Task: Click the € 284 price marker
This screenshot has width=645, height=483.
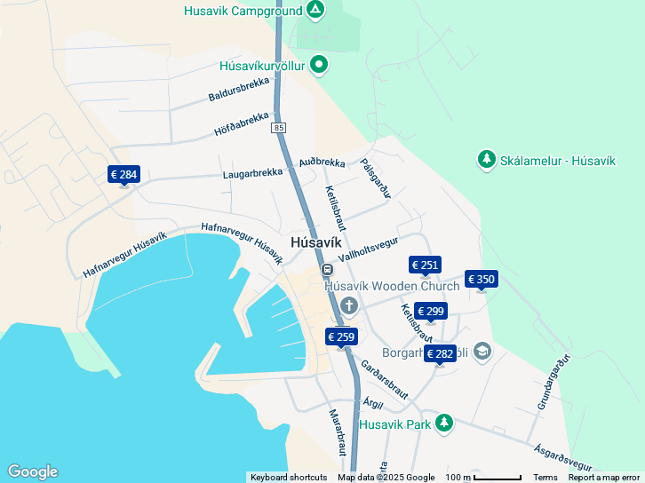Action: point(123,174)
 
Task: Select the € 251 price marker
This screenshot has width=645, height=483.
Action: point(425,265)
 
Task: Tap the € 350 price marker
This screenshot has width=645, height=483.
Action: point(481,279)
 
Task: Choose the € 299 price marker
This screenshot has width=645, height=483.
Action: point(430,311)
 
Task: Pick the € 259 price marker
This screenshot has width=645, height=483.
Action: point(341,337)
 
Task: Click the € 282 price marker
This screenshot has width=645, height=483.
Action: point(440,353)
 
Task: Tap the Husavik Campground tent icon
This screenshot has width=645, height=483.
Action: point(315,11)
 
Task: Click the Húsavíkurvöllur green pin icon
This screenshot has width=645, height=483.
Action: point(319,65)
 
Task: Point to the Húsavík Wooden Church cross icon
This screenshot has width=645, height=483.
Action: point(349,306)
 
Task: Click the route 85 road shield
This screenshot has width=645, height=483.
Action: point(280,128)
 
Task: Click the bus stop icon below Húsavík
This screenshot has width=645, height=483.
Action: point(327,269)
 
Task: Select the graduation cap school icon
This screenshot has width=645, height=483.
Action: point(482,352)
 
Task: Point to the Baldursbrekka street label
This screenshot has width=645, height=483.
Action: point(239,88)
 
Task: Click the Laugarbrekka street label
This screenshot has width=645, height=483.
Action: point(252,172)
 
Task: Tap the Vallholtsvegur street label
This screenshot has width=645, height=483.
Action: point(368,249)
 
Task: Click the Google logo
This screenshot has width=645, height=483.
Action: point(32,471)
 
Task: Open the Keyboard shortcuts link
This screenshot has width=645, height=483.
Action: point(289,478)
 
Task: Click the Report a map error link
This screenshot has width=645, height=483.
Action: point(604,478)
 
